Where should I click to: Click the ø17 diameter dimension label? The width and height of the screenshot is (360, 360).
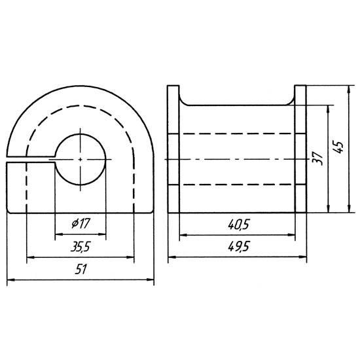pyautogui.click(x=81, y=223)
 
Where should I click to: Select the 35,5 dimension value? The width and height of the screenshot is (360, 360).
pyautogui.click(x=81, y=247)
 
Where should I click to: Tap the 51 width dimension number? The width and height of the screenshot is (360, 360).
pyautogui.click(x=81, y=269)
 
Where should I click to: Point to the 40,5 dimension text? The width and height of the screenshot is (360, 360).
pyautogui.click(x=238, y=225)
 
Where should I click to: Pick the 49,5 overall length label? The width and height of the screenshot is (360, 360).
pyautogui.click(x=238, y=247)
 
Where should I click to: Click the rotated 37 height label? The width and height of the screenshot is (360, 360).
pyautogui.click(x=319, y=158)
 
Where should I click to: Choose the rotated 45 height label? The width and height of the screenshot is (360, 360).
pyautogui.click(x=338, y=147)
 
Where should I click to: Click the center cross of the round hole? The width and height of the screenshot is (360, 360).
pyautogui.click(x=80, y=159)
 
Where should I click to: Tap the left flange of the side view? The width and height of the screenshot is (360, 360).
pyautogui.click(x=173, y=149)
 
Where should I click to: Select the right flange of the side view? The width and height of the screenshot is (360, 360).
pyautogui.click(x=300, y=149)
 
